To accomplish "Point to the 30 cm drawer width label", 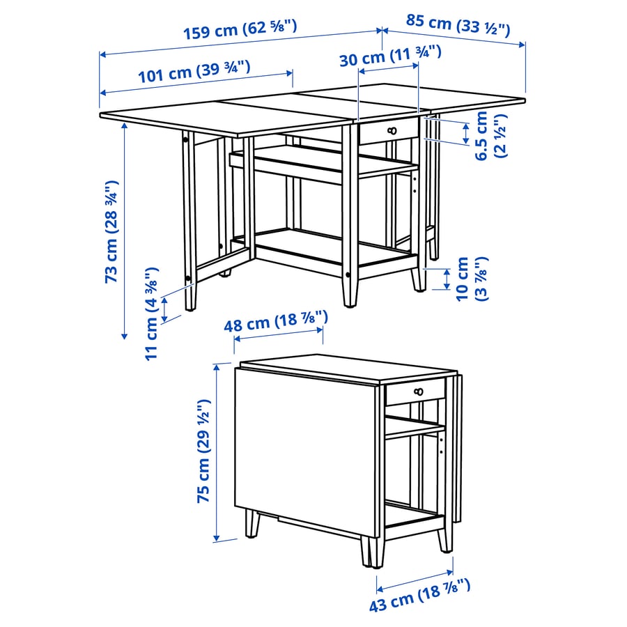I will coord(390,56).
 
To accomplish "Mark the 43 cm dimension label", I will coord(420,594).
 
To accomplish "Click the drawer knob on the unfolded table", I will coord(391,131).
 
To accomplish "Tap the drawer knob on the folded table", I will coord(418,393).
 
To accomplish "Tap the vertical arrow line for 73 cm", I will coord(124,230).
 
